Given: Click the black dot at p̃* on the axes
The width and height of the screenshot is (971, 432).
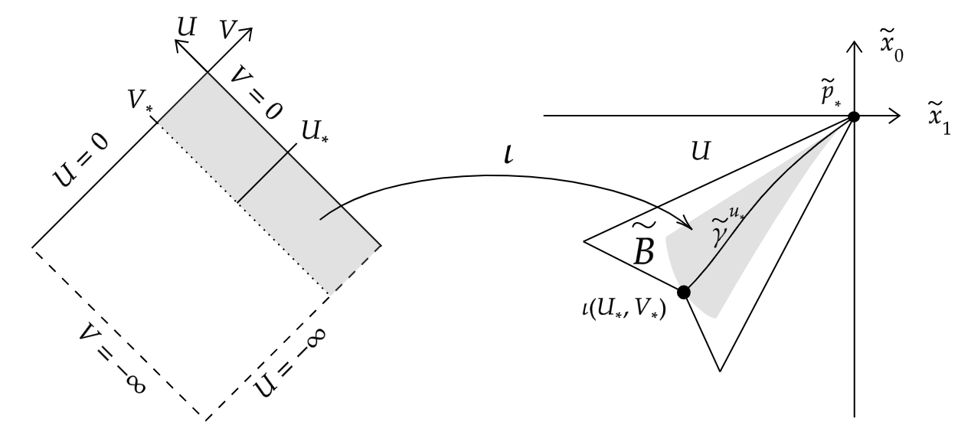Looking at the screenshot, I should pos(853,116).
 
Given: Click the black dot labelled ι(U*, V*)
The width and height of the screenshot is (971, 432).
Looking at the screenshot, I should pos(684,292).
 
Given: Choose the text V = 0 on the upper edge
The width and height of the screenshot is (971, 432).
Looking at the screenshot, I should pos(252,90).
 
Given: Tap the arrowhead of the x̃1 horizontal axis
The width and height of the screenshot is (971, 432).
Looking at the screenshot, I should pos(894,116).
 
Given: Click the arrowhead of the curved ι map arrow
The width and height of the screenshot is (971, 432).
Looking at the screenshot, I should pos(687,226).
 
